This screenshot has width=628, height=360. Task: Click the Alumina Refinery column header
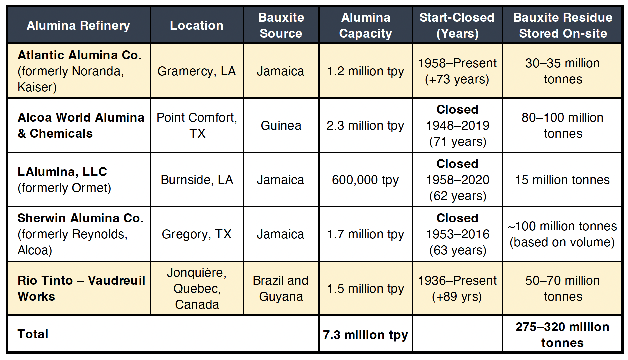[78, 25]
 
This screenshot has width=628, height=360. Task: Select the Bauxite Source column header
[281, 25]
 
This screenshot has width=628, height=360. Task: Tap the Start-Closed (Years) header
[457, 25]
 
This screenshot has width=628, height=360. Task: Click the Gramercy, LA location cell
[197, 71]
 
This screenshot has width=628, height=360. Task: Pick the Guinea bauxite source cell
[281, 125]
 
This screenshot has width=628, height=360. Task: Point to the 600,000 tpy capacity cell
[365, 180]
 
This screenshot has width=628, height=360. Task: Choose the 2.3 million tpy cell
[365, 126]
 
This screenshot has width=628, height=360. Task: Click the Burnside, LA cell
[197, 180]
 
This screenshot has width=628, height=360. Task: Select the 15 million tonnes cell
[562, 180]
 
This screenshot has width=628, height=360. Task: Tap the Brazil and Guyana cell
[281, 288]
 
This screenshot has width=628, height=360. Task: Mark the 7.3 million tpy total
[365, 335]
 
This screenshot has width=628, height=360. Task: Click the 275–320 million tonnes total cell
[562, 335]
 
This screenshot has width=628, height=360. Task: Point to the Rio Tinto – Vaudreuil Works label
[81, 288]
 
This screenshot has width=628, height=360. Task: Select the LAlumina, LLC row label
[62, 172]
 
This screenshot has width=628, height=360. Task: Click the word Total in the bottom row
[33, 334]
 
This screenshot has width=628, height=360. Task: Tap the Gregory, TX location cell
[197, 234]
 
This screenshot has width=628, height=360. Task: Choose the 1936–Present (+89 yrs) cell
[457, 288]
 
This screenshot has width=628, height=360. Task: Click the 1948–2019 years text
[458, 125]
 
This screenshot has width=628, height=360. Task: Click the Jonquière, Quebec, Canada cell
[197, 288]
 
